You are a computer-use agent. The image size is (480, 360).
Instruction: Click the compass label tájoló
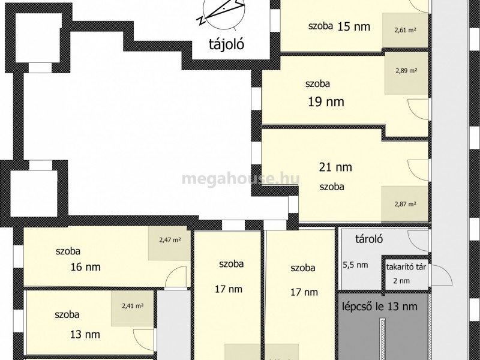coord(227,44)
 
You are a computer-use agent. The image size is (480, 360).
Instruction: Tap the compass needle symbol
coord(221,12)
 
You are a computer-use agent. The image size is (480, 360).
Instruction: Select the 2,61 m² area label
coord(406,30)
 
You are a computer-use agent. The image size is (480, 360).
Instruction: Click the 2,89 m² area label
coord(406,71)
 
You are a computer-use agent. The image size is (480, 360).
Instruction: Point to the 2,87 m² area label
coord(406,204)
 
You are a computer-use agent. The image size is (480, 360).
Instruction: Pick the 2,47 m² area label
coord(170,240)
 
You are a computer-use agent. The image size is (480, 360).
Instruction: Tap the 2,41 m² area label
coord(133,305)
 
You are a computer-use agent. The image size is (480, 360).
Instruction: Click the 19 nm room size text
coord(326,102)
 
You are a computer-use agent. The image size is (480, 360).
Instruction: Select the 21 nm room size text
coord(335,167)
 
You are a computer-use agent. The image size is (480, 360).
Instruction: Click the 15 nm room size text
coord(354,27)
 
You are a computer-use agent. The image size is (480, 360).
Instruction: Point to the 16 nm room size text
coord(85,267)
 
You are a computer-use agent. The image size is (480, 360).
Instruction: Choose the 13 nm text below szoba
coord(85,335)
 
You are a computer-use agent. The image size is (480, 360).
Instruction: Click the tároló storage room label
coord(369,239)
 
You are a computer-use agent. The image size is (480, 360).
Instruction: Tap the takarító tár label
coord(406,267)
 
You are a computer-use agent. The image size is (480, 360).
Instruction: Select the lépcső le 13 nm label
coord(379,307)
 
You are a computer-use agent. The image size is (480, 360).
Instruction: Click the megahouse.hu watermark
coord(241,178)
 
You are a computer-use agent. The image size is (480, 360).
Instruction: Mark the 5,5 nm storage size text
coord(355,265)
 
